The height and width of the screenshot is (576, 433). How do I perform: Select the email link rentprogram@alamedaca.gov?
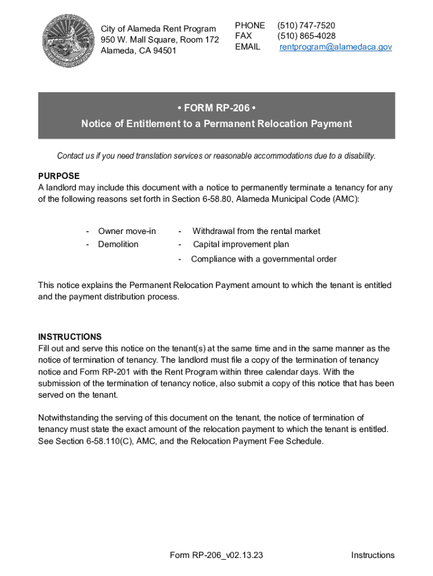pyautogui.click(x=336, y=47)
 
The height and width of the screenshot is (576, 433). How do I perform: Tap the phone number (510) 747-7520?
pyautogui.click(x=306, y=26)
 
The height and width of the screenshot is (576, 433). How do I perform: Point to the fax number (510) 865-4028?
pyautogui.click(x=306, y=37)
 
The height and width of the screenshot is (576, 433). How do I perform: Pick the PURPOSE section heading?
pyautogui.click(x=58, y=176)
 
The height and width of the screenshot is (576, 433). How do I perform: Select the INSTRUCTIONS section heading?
pyautogui.click(x=70, y=337)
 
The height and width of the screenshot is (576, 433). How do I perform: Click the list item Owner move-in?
pyautogui.click(x=127, y=231)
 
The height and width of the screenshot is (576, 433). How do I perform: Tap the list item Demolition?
pyautogui.click(x=118, y=245)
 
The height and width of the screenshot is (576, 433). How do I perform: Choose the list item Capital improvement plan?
pyautogui.click(x=241, y=245)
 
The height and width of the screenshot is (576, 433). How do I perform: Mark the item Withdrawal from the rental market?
pyautogui.click(x=256, y=231)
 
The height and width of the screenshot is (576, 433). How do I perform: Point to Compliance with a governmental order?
pyautogui.click(x=264, y=259)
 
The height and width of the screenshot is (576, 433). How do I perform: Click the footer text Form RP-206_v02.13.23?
pyautogui.click(x=216, y=556)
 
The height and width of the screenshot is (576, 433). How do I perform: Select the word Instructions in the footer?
pyautogui.click(x=373, y=556)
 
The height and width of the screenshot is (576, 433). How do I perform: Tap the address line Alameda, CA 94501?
pyautogui.click(x=138, y=51)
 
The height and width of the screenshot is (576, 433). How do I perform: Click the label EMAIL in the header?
pyautogui.click(x=247, y=47)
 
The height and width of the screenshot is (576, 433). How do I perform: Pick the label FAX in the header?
pyautogui.click(x=243, y=37)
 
